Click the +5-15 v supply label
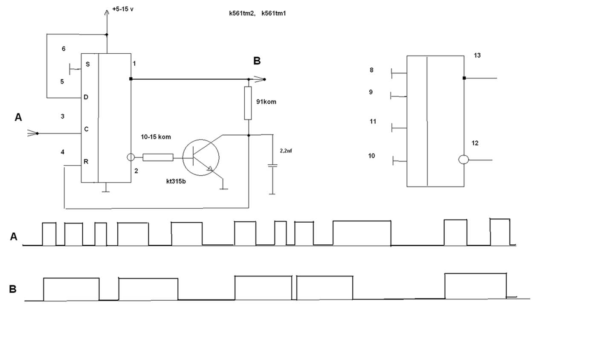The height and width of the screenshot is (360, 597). [123, 9]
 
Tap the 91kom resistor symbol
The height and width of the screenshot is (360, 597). [248, 103]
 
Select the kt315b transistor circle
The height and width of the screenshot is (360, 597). [200, 157]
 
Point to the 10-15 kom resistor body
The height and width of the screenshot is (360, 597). [158, 157]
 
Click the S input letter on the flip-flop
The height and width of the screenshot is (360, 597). [88, 64]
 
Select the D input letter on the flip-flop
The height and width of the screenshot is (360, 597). [86, 98]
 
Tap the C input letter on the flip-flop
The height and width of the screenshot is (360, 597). [86, 130]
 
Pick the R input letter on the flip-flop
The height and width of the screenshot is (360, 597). [86, 162]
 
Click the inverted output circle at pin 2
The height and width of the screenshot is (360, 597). [131, 157]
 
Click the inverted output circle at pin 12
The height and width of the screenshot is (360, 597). [464, 160]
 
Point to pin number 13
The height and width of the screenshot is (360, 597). [477, 55]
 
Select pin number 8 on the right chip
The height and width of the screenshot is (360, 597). [371, 70]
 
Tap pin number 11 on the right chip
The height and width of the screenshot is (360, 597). [373, 122]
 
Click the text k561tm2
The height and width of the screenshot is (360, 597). [242, 14]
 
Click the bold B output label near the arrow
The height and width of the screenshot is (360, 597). [257, 61]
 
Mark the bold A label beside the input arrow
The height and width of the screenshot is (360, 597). [18, 117]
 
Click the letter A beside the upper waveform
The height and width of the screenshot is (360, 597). [14, 237]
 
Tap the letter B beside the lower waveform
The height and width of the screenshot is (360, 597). [13, 289]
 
